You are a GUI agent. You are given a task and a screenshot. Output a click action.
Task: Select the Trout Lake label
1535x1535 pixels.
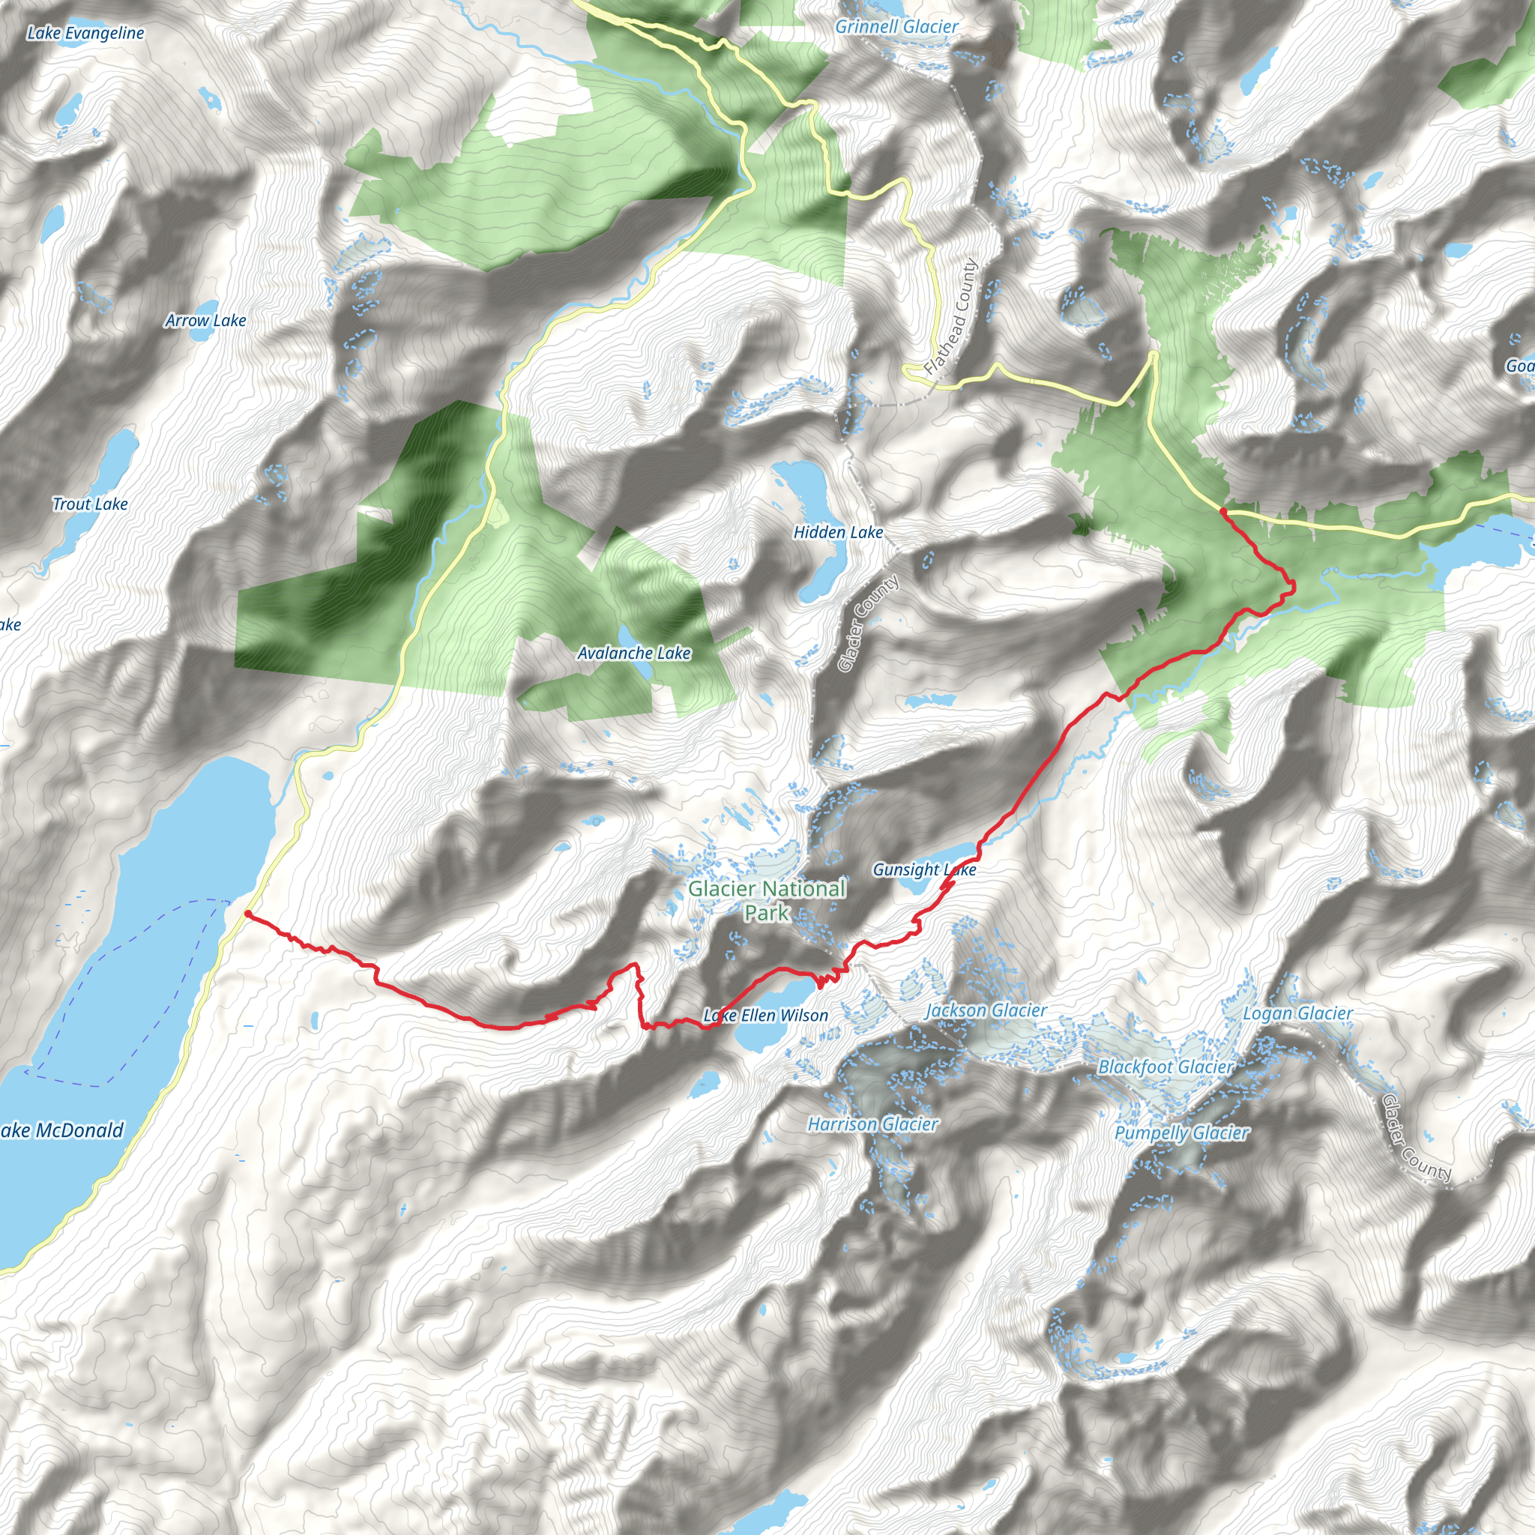point(90,504)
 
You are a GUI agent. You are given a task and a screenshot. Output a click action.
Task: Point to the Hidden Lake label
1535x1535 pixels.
point(838,532)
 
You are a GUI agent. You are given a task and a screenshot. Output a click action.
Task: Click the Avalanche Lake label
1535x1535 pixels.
point(633,653)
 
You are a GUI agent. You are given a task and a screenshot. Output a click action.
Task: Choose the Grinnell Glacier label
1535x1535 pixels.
point(896,27)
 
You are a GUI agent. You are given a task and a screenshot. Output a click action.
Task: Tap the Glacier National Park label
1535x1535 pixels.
point(767,900)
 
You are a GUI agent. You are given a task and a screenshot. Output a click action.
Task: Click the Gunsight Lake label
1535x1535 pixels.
point(924,870)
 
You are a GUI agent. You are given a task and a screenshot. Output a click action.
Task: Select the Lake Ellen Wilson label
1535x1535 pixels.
point(766,1016)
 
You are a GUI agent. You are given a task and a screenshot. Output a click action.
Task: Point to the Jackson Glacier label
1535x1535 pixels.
point(986,1010)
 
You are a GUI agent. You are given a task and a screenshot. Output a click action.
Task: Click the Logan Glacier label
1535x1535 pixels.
point(1297,1014)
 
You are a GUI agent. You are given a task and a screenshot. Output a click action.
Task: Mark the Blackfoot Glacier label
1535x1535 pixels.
point(1165,1067)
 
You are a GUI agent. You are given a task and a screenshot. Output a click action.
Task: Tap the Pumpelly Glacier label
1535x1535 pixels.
point(1182,1133)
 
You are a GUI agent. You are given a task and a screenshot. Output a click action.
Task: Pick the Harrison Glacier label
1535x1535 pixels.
point(872,1124)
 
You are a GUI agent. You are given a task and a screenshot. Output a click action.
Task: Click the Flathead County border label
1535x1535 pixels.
point(951,318)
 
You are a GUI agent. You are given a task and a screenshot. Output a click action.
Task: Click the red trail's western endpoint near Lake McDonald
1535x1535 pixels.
point(248,914)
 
